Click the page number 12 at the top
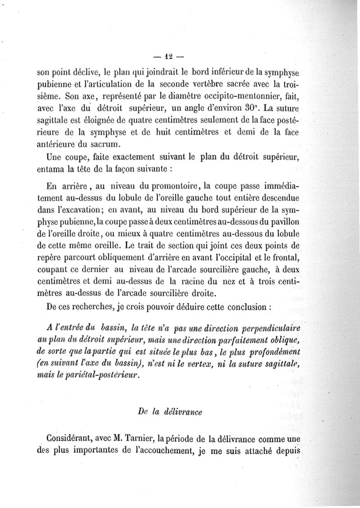click(169, 57)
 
